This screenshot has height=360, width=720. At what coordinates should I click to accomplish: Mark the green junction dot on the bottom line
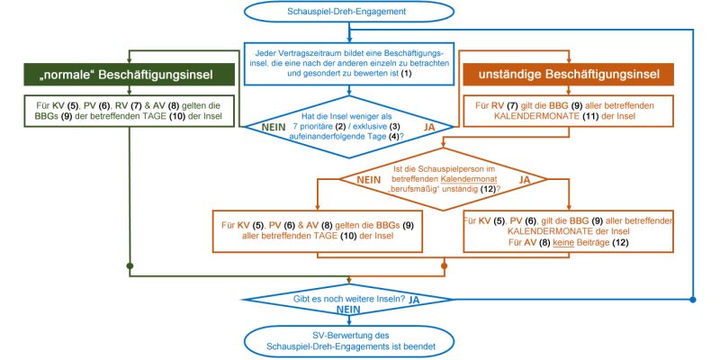pyautogui.click(x=130, y=265)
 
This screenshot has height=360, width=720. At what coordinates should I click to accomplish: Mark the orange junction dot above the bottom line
pyautogui.click(x=444, y=265)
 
